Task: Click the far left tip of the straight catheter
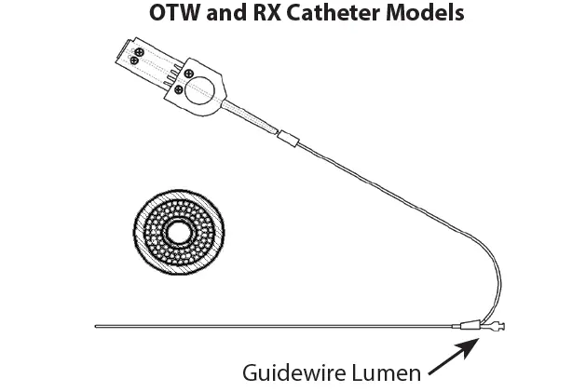(98, 327)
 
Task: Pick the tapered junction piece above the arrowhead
(470, 326)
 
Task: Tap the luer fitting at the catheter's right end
(497, 328)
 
